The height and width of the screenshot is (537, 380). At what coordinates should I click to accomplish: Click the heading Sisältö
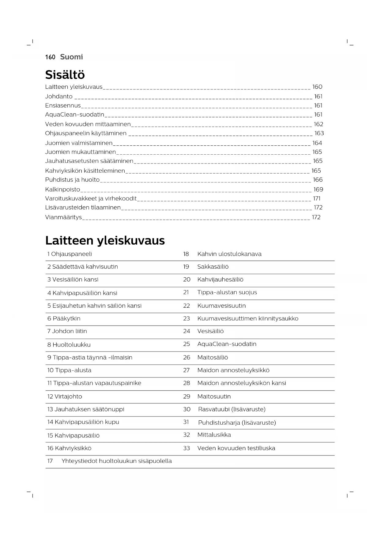(x=65, y=75)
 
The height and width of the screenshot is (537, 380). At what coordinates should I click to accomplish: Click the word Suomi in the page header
(x=71, y=57)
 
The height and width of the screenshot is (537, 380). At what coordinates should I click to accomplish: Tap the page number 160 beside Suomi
(x=50, y=57)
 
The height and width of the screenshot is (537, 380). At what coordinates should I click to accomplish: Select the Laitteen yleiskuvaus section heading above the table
(x=105, y=241)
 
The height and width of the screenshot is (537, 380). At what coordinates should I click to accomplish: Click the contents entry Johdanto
(x=59, y=96)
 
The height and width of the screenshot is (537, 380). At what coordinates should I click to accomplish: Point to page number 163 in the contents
(x=319, y=133)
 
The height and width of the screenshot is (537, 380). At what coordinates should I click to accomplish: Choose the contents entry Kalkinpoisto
(x=62, y=190)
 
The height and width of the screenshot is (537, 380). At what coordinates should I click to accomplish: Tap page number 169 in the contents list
(x=318, y=190)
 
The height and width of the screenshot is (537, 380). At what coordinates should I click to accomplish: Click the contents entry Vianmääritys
(x=63, y=217)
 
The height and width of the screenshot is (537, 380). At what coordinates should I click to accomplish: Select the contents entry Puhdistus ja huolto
(x=72, y=180)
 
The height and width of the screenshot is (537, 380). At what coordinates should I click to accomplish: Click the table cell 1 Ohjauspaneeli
(x=70, y=254)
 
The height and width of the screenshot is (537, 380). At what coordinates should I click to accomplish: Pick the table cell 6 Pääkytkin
(x=64, y=319)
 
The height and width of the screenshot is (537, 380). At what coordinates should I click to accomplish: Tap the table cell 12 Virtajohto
(x=65, y=396)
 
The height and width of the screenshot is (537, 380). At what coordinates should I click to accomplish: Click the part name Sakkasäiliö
(x=213, y=267)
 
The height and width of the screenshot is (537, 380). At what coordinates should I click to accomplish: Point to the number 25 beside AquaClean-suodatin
(x=186, y=344)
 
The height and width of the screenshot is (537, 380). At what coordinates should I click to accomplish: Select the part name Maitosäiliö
(x=213, y=358)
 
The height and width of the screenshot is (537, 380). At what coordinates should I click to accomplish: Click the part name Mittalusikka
(x=214, y=435)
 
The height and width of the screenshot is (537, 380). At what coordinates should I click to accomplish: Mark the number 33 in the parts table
(x=186, y=448)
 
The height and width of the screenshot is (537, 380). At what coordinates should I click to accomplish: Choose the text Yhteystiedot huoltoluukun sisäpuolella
(x=116, y=461)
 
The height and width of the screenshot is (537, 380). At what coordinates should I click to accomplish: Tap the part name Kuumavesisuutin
(x=221, y=306)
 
